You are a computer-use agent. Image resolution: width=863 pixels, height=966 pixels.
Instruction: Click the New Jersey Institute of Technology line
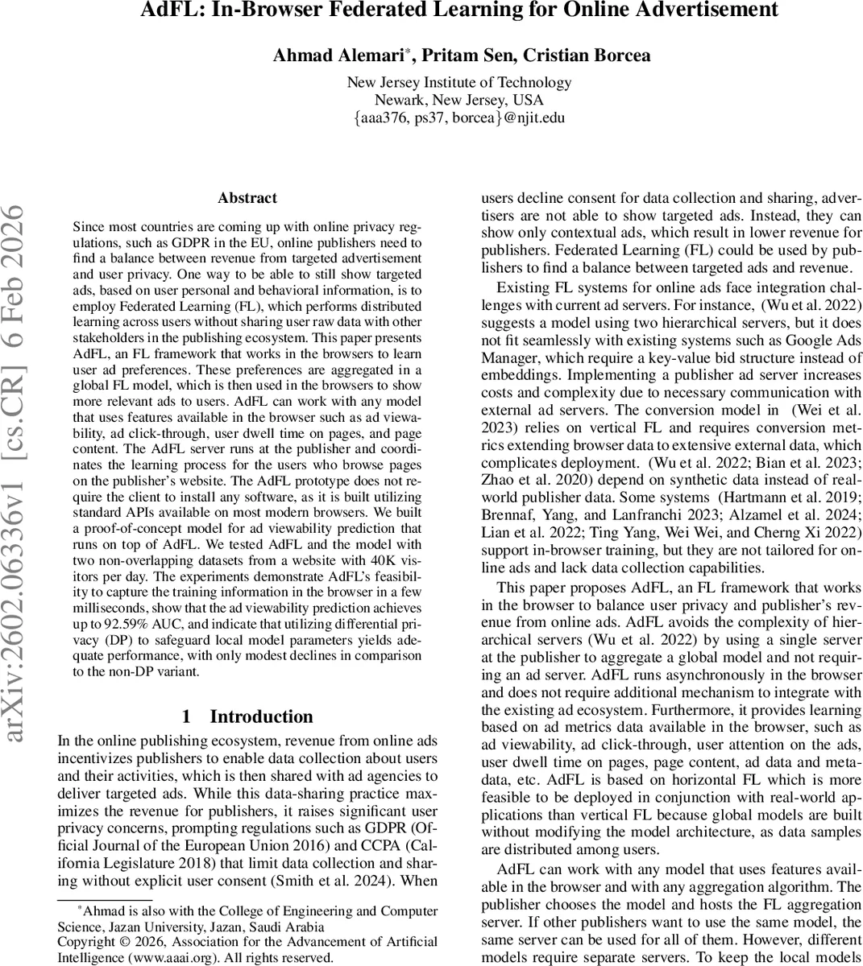(x=458, y=83)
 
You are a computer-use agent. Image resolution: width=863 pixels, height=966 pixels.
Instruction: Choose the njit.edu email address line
(x=458, y=118)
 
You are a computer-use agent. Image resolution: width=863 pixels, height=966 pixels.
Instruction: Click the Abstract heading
(x=247, y=198)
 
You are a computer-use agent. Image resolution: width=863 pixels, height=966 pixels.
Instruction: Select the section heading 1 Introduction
(x=247, y=716)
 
